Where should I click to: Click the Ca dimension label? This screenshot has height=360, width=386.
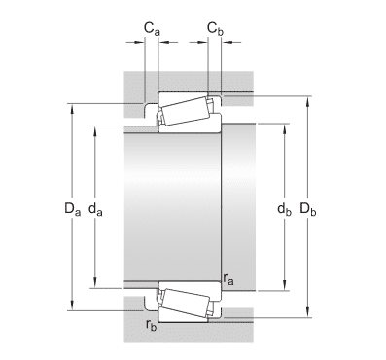tap(152, 28)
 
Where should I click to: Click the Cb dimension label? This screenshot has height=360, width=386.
tap(215, 28)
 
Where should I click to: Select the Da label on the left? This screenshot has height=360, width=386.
tap(72, 208)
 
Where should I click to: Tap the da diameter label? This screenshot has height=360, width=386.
tap(95, 209)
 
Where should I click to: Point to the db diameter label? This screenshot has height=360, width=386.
tap(284, 209)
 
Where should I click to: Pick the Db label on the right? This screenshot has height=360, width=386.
tap(308, 208)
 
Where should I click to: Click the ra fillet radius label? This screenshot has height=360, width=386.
tap(228, 279)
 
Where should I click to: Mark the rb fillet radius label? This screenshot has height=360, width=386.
tap(152, 325)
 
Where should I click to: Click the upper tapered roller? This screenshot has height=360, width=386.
tap(186, 111)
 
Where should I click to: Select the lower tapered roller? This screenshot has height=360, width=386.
tap(186, 303)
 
